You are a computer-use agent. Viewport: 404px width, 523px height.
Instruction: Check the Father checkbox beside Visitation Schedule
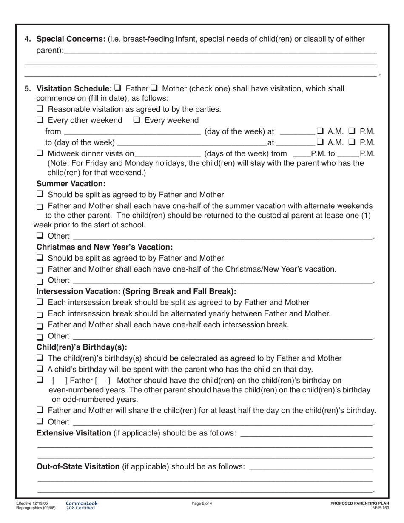118,88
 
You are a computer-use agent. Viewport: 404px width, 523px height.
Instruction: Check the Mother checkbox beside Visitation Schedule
154,88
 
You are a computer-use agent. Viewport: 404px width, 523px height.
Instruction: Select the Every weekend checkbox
137,120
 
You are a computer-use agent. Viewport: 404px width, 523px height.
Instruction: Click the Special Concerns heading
71,39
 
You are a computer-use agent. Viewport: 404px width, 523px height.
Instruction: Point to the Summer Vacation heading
71,184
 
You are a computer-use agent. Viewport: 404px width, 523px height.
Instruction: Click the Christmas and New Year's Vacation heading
105,247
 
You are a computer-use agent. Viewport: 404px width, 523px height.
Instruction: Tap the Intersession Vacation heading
136,291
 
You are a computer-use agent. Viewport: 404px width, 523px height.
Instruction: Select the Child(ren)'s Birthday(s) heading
82,347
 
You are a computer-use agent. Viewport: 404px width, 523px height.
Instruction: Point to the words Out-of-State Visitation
78,466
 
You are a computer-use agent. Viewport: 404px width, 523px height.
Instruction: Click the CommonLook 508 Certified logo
81,505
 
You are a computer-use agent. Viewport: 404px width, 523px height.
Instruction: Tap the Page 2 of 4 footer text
202,503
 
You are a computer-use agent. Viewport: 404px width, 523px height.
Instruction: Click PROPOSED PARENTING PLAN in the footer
359,503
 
